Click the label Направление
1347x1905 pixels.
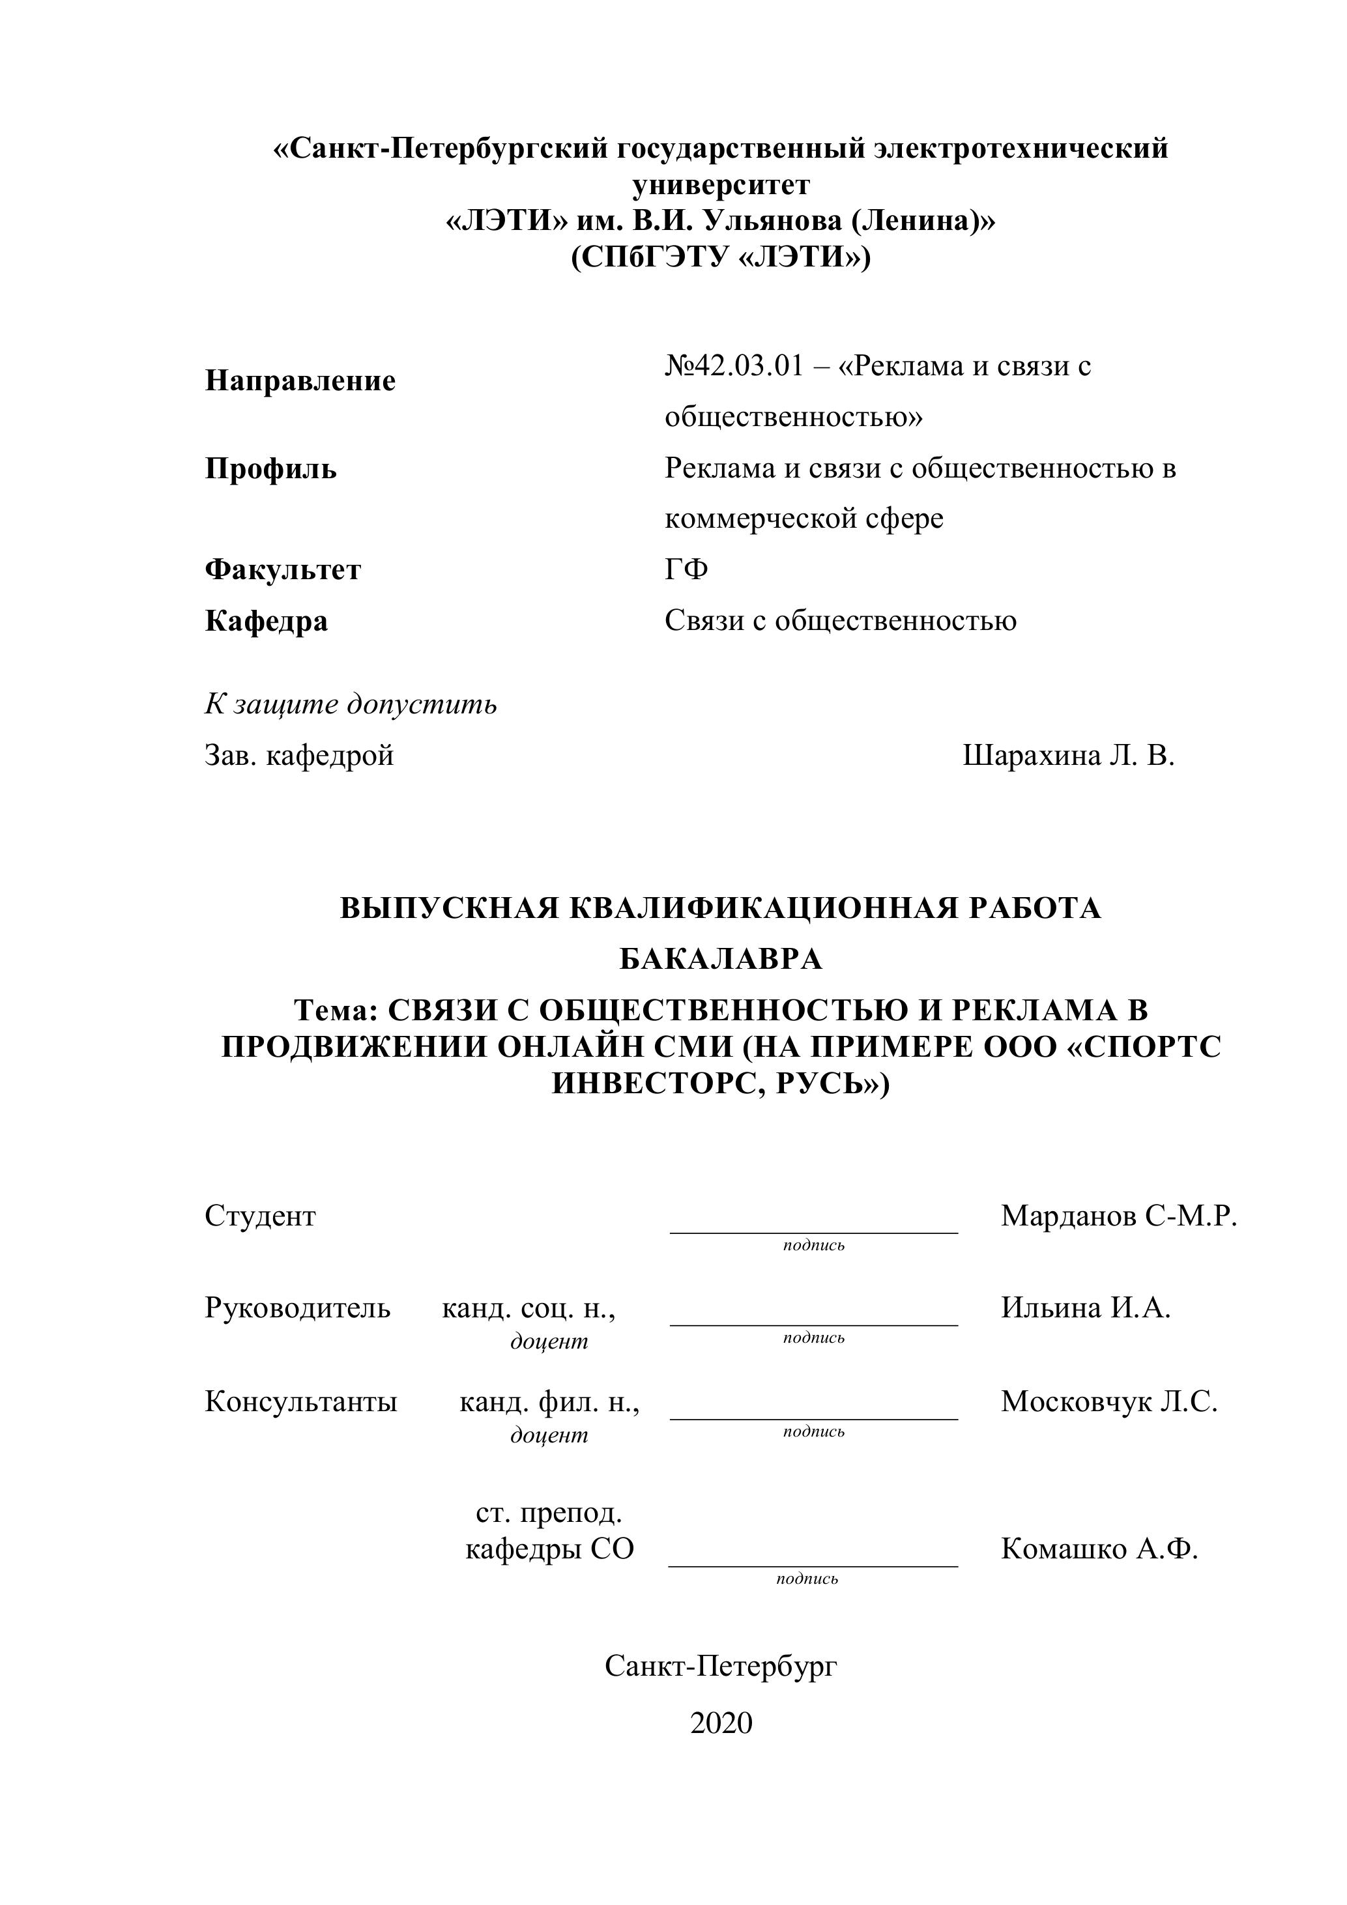point(300,381)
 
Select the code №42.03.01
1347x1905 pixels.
point(734,366)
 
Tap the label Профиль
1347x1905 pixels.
point(270,469)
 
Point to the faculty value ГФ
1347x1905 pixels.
point(686,570)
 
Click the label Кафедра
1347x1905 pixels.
point(267,621)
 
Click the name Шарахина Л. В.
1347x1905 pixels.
point(1068,756)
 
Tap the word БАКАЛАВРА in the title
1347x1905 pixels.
point(720,959)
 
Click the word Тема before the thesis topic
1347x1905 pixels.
point(334,1010)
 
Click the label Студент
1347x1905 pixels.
point(260,1216)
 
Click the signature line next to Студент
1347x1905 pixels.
point(813,1232)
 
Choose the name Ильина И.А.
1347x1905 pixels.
point(1085,1308)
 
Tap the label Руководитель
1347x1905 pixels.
point(297,1308)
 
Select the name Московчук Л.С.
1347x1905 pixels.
point(1108,1401)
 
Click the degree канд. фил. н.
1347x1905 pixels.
point(549,1402)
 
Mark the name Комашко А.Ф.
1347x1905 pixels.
point(1099,1549)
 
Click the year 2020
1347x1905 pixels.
point(720,1723)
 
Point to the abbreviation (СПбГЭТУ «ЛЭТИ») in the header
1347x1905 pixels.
point(720,257)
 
